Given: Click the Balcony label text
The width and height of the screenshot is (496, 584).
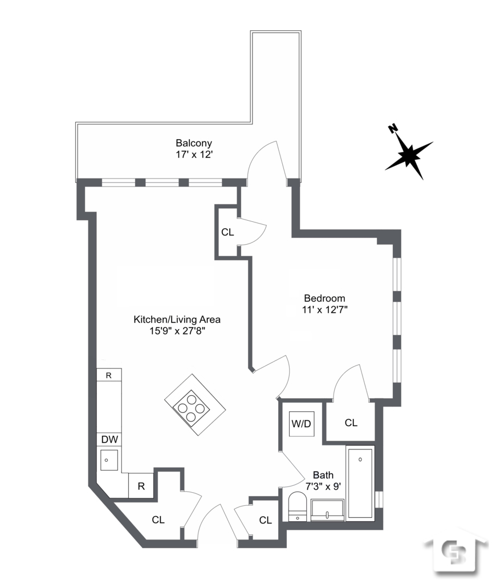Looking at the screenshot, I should click(194, 143).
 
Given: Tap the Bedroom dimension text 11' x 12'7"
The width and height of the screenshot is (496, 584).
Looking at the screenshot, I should click(325, 310).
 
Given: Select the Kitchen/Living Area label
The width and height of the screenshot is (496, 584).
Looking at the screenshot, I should click(177, 319).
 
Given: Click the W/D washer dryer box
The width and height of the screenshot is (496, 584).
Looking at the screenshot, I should click(301, 424).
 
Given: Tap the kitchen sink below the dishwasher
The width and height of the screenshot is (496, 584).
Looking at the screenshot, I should click(109, 460).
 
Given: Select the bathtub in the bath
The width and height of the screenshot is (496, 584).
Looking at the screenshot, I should click(360, 482).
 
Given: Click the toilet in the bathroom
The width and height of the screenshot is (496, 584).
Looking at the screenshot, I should click(297, 507).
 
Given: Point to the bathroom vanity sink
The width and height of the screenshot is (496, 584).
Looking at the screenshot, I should click(327, 510).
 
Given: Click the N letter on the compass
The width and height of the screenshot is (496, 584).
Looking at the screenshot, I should click(393, 129).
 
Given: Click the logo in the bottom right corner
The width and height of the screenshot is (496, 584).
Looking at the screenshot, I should click(457, 553).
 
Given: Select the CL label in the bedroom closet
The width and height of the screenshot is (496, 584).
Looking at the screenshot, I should click(351, 423).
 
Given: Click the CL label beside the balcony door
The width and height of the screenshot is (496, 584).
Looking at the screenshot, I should click(227, 232).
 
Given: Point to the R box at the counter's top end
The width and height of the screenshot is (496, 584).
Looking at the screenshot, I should click(109, 375).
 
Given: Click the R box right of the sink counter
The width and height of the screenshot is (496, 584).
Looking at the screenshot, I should click(140, 486).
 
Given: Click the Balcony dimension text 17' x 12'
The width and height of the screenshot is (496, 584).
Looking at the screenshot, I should click(194, 154).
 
